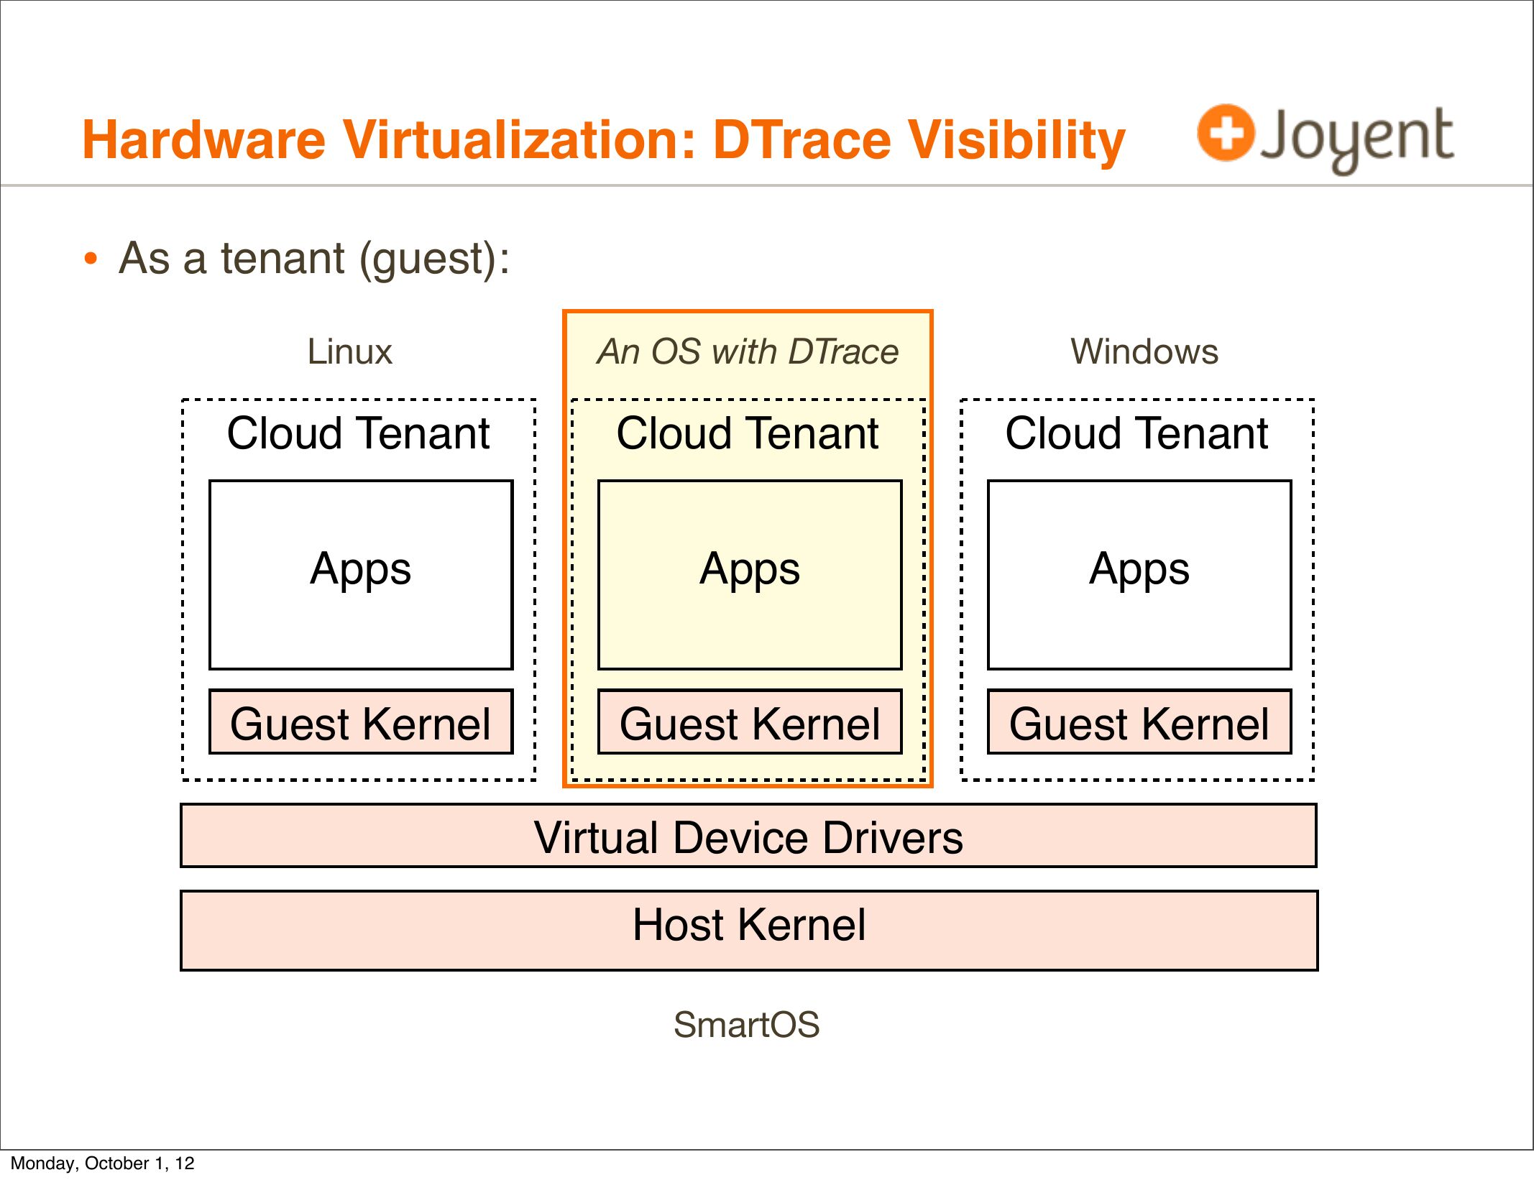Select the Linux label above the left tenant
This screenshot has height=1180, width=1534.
click(349, 352)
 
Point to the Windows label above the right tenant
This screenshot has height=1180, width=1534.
click(1144, 352)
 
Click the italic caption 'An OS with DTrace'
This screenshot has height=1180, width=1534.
click(748, 352)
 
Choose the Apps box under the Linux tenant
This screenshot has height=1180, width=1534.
click(361, 575)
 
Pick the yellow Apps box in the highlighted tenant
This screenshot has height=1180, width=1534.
click(750, 575)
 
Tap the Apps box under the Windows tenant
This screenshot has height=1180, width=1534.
click(1139, 575)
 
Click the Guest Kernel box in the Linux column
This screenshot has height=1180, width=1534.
click(361, 722)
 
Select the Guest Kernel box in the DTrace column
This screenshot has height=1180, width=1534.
click(750, 722)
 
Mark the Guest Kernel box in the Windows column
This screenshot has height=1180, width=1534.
click(1139, 722)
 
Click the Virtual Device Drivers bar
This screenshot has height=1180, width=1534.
click(748, 836)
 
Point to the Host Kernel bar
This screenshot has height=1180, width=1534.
click(749, 931)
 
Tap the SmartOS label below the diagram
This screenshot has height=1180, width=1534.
click(747, 1025)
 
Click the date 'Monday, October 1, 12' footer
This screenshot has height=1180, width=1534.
click(103, 1163)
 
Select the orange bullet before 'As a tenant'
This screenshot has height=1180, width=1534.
click(90, 259)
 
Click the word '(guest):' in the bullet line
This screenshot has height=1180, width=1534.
click(434, 259)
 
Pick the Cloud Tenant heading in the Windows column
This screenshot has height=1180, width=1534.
click(1136, 433)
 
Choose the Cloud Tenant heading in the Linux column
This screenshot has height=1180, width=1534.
click(358, 433)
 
